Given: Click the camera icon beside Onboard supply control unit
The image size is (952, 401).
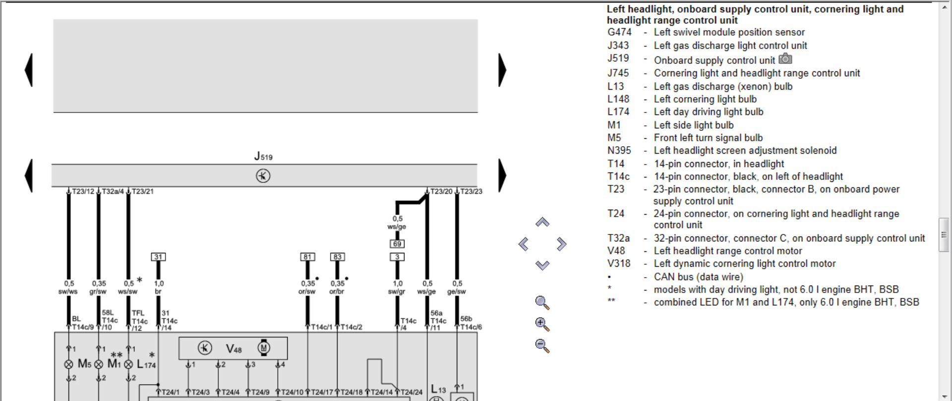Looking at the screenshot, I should (785, 59).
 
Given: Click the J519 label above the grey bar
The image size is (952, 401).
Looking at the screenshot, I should (263, 156).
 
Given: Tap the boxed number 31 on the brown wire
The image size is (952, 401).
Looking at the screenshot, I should (158, 257).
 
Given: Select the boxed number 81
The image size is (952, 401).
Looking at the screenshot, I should (307, 257).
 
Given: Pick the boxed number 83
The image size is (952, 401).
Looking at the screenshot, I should (337, 257).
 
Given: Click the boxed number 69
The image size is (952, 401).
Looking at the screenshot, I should (397, 244).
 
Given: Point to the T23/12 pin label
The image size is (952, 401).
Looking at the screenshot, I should (83, 191).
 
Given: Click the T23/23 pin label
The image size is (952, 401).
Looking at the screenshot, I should (471, 191).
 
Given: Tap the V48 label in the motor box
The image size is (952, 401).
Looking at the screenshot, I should (234, 349).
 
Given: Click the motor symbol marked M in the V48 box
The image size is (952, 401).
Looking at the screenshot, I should (264, 348).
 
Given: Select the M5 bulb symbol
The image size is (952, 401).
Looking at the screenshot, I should (69, 364).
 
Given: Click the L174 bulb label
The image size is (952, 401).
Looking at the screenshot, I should (146, 364).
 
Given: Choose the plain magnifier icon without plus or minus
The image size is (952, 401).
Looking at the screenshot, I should (542, 302).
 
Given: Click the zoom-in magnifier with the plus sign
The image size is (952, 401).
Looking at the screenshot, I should (542, 324).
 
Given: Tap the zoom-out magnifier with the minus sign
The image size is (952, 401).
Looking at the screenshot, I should (542, 345).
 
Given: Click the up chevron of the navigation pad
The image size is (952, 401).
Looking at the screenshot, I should (542, 223).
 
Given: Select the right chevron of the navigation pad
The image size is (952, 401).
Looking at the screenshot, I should (561, 244).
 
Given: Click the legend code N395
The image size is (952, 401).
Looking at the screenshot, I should (619, 151).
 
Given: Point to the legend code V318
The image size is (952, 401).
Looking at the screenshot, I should (619, 264).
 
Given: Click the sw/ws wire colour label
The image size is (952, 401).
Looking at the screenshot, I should (68, 291).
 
